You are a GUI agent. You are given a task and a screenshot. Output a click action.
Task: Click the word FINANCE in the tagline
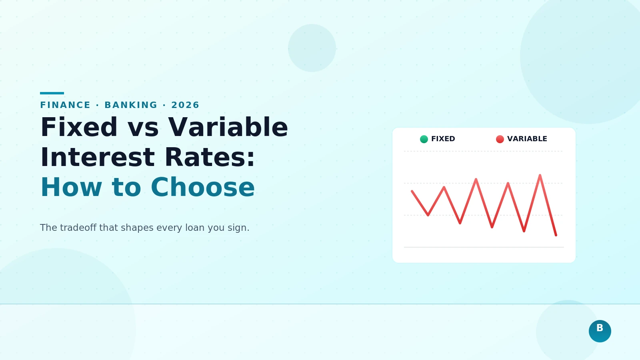point(65,105)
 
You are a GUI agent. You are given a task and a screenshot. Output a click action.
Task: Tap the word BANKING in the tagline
point(131,105)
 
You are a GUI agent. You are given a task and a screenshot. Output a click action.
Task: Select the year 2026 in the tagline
point(185,105)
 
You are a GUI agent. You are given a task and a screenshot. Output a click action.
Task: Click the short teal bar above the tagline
point(52,93)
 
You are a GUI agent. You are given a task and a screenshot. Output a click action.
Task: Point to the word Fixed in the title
point(79,128)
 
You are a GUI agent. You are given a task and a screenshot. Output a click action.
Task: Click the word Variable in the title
point(228,128)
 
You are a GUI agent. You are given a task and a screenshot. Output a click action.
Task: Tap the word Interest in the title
point(97,158)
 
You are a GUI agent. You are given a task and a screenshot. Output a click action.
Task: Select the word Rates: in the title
point(210,158)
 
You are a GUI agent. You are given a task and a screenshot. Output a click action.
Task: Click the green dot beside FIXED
point(424,139)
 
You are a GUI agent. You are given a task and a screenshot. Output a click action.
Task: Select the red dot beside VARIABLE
point(500,139)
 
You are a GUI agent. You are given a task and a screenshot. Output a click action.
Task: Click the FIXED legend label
point(443,139)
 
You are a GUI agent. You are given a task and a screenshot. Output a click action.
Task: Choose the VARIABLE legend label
point(527,139)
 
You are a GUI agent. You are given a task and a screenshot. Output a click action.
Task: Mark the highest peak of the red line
point(540,176)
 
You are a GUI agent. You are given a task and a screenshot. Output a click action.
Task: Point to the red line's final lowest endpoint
point(556,235)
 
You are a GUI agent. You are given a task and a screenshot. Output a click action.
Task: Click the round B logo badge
point(600,331)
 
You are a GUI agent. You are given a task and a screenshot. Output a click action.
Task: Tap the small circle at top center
point(312,48)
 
